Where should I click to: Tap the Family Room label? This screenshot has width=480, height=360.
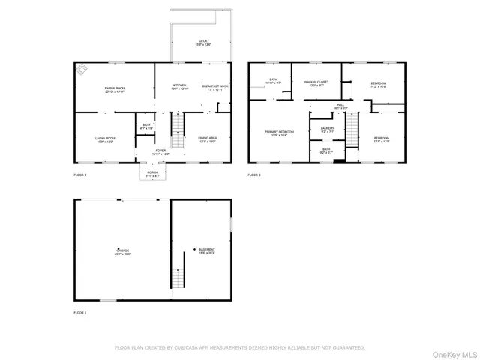115,88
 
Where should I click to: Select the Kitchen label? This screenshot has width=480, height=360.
179,85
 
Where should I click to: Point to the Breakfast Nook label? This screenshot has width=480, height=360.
215,85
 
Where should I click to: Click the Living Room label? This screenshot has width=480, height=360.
104,139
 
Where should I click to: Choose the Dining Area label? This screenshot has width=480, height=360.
208,139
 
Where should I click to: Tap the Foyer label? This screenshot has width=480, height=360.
160,151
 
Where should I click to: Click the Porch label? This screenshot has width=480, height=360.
152,173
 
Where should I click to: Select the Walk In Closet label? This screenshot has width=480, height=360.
316,82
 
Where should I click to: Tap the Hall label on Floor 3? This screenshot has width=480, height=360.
340,105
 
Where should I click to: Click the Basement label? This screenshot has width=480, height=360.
206,250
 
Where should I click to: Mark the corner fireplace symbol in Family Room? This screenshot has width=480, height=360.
82,70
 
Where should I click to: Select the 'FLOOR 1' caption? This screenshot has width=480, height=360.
80,312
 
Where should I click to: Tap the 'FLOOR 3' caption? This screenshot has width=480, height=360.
255,175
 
